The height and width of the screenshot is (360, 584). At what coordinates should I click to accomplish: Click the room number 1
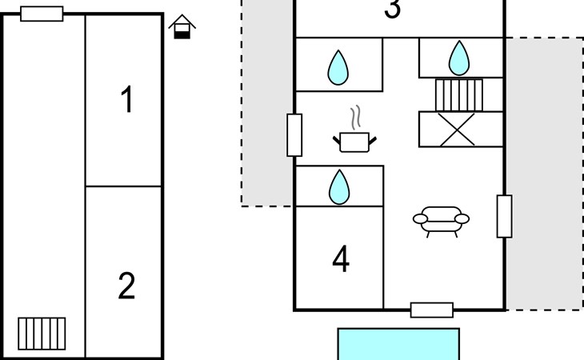[x=126, y=99]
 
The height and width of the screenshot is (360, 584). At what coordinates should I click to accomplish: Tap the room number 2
[x=126, y=286]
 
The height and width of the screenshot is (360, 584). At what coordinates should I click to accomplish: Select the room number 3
[x=393, y=8]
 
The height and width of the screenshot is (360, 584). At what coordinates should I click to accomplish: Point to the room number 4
[x=341, y=258]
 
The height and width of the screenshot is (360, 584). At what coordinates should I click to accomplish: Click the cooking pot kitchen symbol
[x=354, y=142]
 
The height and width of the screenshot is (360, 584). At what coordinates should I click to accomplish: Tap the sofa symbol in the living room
[x=441, y=222]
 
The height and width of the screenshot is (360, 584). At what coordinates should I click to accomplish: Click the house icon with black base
[x=182, y=26]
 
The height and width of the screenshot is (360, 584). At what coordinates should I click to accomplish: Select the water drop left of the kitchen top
[x=338, y=68]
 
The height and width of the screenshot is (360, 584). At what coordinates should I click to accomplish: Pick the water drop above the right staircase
[x=459, y=58]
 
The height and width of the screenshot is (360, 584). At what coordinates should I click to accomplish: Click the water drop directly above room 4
[x=339, y=187]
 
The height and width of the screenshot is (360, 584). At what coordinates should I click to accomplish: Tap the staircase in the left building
[x=42, y=334]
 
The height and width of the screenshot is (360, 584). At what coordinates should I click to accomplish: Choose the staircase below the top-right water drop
[x=459, y=95]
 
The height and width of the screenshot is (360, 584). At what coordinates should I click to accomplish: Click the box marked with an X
[x=461, y=129]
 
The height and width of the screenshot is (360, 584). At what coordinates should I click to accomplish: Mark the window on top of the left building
[x=42, y=14]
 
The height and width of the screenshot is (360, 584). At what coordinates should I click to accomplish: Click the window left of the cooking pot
[x=294, y=134]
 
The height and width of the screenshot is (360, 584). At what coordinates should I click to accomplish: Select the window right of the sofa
[x=504, y=216]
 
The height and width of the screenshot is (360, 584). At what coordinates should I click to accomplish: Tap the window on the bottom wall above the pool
[x=432, y=310]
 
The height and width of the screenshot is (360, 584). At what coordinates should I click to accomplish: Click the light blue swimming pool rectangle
[x=398, y=344]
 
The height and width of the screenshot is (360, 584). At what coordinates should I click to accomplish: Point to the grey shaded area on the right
[x=545, y=174]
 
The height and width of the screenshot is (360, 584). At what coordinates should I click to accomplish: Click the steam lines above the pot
[x=357, y=118]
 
